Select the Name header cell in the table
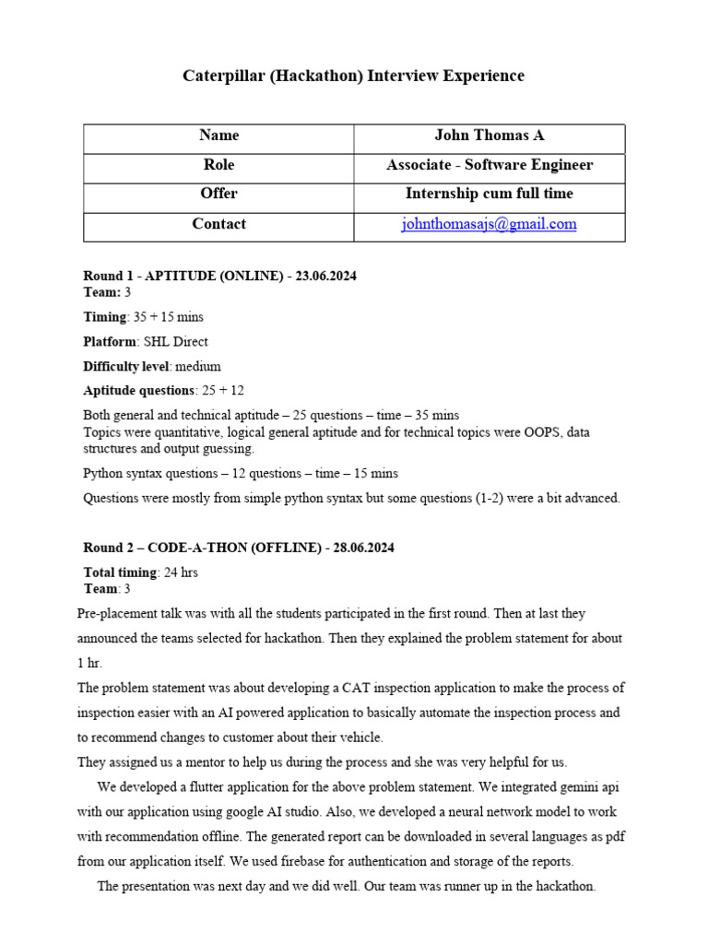click(218, 136)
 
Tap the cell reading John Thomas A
click(489, 136)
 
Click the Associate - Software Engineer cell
click(489, 165)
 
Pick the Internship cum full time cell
click(489, 194)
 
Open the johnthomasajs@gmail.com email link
click(489, 224)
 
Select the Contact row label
click(218, 224)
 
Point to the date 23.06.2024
click(326, 276)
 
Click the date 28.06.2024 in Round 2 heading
click(363, 548)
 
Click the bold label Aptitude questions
click(138, 390)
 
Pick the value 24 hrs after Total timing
click(180, 572)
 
